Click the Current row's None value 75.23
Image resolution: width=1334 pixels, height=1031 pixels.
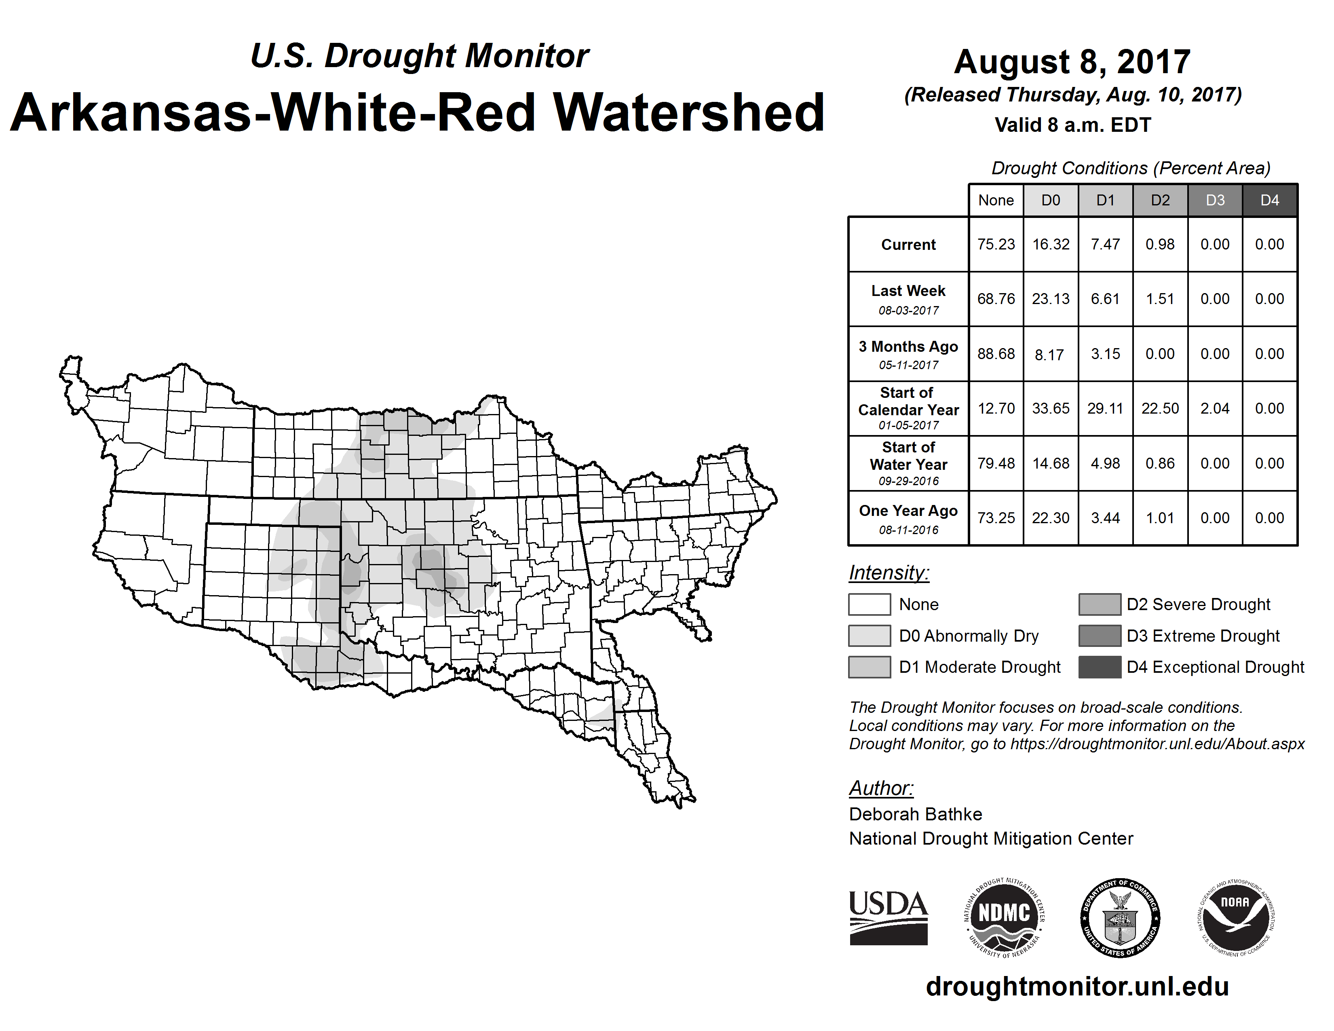pyautogui.click(x=996, y=244)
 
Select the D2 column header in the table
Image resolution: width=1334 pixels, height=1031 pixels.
pyautogui.click(x=1160, y=200)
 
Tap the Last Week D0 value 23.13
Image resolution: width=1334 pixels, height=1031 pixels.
pyautogui.click(x=1051, y=299)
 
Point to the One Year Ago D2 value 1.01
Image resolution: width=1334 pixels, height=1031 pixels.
pyautogui.click(x=1160, y=518)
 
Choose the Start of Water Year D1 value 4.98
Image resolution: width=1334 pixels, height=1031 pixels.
pyautogui.click(x=1105, y=464)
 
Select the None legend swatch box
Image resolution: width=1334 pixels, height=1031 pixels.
pyautogui.click(x=869, y=604)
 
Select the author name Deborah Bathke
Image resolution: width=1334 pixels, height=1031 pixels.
pyautogui.click(x=915, y=814)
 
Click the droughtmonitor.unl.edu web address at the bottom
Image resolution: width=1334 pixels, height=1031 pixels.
pyautogui.click(x=1077, y=987)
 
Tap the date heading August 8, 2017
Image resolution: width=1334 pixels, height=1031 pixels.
pyautogui.click(x=1072, y=62)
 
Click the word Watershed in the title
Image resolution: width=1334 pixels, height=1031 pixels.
pyautogui.click(x=688, y=112)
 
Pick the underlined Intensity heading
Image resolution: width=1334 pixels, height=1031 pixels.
pyautogui.click(x=889, y=573)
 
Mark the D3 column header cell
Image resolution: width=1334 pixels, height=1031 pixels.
pyautogui.click(x=1215, y=200)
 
